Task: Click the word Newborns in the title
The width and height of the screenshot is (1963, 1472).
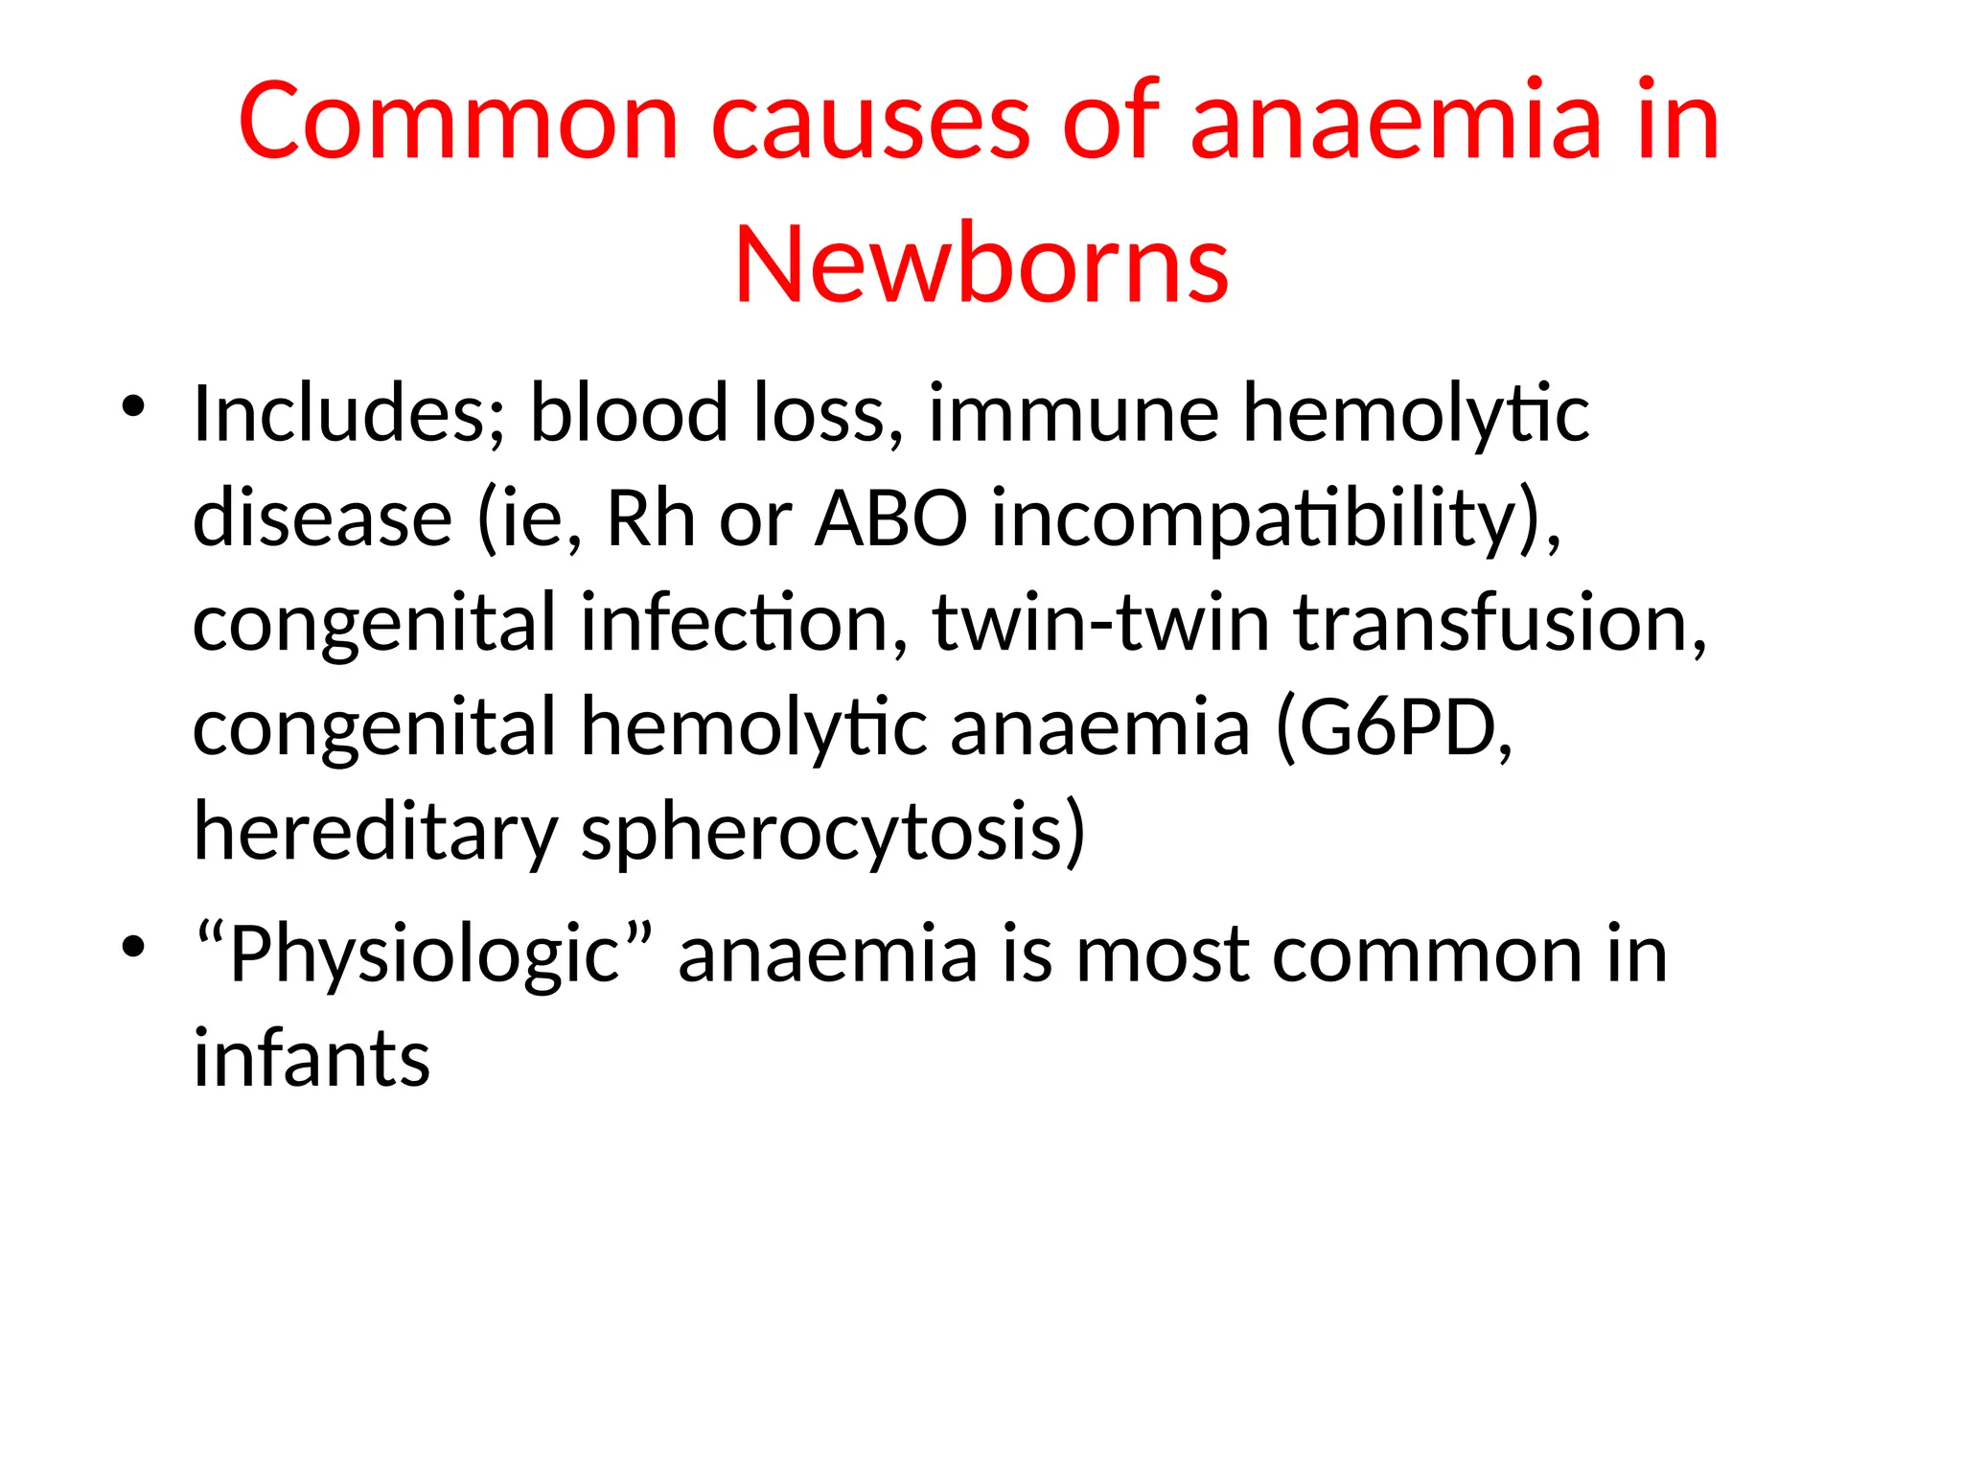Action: [x=981, y=264]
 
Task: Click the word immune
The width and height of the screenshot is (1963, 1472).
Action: [x=1074, y=414]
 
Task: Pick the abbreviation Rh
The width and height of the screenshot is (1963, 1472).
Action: [x=651, y=518]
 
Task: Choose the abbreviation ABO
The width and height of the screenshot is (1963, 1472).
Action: [x=890, y=518]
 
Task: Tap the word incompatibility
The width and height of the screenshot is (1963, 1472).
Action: [x=1276, y=520]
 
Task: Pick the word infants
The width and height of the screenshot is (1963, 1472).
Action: [x=312, y=1059]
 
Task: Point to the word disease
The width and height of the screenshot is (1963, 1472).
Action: [x=322, y=518]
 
